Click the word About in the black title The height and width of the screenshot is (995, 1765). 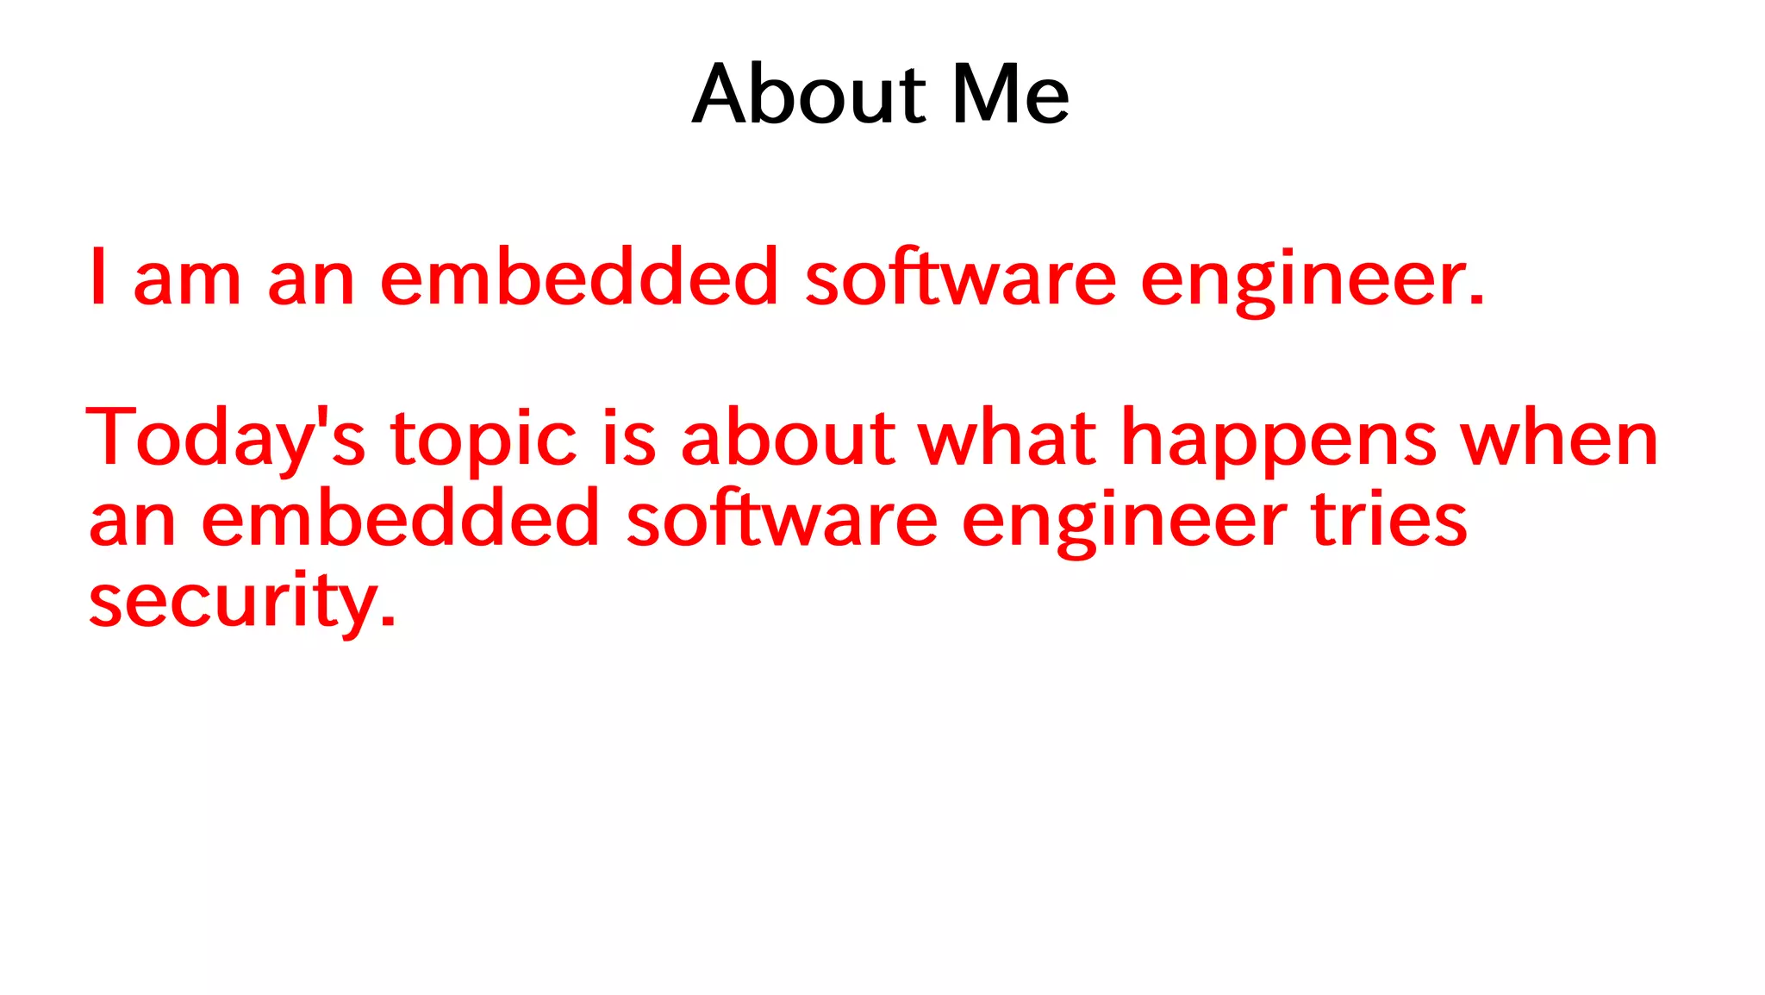808,94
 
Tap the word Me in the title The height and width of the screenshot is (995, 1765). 1010,94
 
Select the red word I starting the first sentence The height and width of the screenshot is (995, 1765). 98,277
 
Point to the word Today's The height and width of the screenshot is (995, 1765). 226,439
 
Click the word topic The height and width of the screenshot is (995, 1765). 483,441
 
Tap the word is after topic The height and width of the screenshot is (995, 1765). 629,439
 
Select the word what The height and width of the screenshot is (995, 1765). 1007,439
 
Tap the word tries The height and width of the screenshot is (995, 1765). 1388,520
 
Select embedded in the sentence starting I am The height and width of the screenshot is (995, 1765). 579,277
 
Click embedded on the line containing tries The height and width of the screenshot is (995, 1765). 400,520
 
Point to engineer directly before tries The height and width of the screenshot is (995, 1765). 1124,523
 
